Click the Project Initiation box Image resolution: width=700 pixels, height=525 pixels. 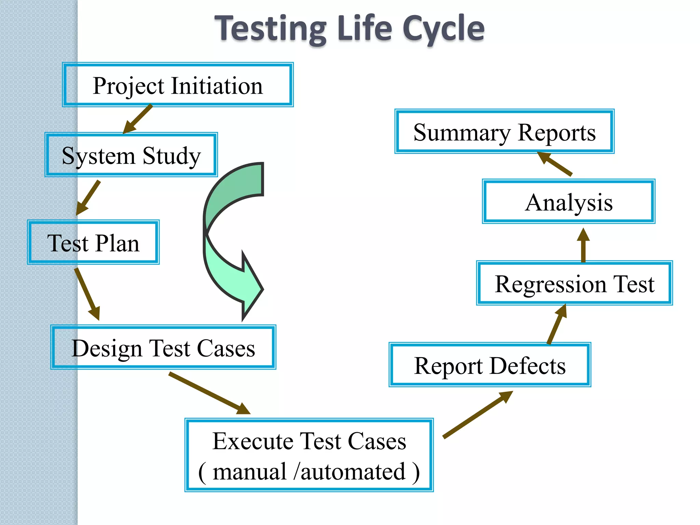coord(178,85)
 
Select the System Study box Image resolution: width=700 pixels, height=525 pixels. coord(131,155)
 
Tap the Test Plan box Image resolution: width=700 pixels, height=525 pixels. coord(93,242)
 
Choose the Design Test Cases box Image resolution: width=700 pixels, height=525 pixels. coord(163,347)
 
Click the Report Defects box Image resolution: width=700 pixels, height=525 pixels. coord(489,365)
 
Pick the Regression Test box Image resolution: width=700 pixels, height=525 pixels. coord(574,283)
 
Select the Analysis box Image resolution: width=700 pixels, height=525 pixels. coord(568,202)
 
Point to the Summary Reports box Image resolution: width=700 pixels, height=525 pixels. coord(504,132)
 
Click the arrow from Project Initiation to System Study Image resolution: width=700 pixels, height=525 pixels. coord(138,119)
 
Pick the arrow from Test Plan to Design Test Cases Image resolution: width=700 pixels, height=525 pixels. coord(87,294)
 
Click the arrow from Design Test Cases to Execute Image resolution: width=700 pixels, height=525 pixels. coord(209,393)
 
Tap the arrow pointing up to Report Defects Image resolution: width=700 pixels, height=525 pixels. coord(477,414)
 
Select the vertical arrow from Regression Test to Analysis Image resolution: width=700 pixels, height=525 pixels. coord(583,245)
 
